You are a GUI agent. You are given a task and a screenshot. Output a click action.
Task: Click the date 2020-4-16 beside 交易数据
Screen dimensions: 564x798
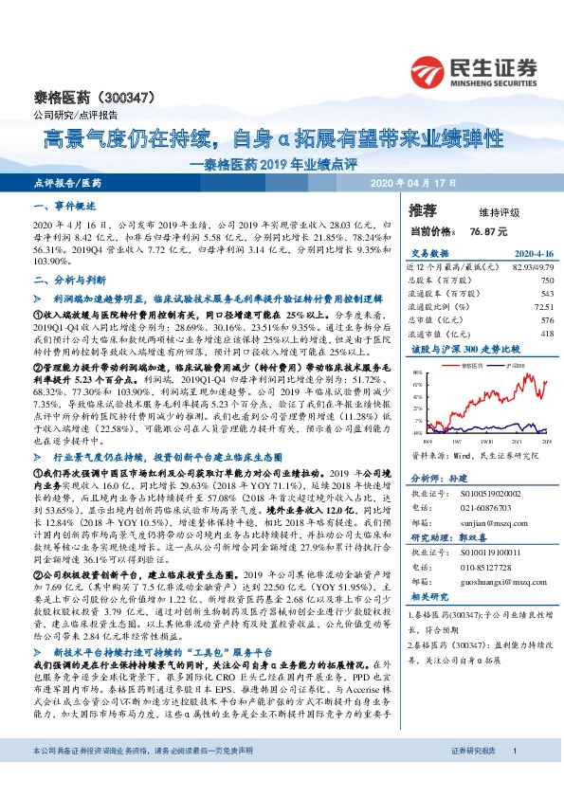click(534, 254)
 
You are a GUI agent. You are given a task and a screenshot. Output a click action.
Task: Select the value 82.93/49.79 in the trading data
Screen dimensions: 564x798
click(529, 268)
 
